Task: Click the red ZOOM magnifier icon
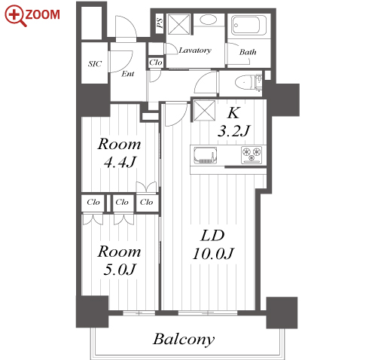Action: [15, 16]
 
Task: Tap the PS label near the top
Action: [160, 23]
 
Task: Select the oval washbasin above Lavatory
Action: [209, 20]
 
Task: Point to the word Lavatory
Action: [195, 50]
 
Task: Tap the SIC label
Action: [95, 64]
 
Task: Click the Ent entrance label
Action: [128, 74]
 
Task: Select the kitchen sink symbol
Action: [205, 155]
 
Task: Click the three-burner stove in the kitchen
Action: [252, 155]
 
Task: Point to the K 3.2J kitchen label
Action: [233, 122]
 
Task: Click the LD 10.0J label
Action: [213, 244]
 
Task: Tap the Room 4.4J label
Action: [119, 153]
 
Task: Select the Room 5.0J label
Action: [119, 261]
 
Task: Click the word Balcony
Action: [184, 340]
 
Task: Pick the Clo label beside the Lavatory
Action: [156, 63]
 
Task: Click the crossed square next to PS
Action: [178, 24]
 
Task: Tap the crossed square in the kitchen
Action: [205, 111]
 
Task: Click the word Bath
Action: [248, 52]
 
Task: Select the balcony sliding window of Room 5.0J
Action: [139, 313]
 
